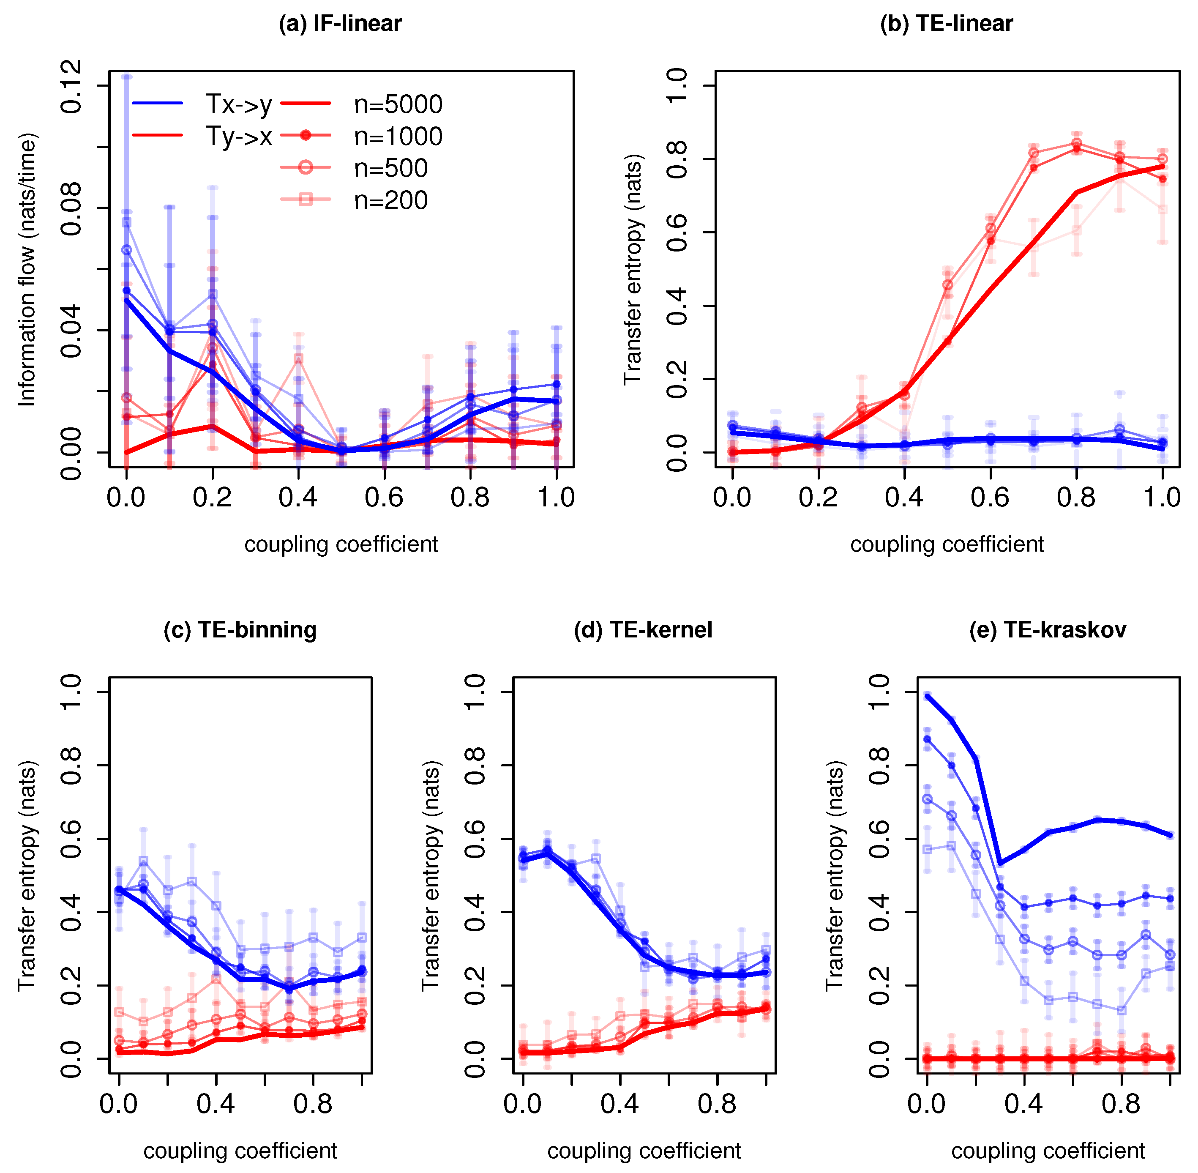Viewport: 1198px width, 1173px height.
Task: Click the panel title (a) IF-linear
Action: (x=340, y=23)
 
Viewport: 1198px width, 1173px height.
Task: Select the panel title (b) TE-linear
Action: (x=946, y=23)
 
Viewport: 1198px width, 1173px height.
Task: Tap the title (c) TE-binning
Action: (x=240, y=630)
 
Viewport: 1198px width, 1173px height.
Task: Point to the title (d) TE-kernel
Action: (x=643, y=630)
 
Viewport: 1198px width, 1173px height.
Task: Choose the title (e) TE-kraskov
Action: (x=1047, y=630)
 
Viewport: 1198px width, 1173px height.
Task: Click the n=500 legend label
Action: (x=390, y=169)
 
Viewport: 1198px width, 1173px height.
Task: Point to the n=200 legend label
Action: (x=390, y=201)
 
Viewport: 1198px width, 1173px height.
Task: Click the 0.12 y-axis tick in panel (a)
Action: (x=72, y=86)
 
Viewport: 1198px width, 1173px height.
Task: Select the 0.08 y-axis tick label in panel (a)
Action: (x=72, y=208)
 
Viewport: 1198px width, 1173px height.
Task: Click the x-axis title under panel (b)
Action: (x=947, y=544)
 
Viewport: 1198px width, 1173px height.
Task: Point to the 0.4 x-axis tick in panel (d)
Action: (x=619, y=1104)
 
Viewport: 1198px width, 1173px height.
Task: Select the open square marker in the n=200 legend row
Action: (x=306, y=199)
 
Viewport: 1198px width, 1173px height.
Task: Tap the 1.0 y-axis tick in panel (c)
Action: (x=72, y=692)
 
